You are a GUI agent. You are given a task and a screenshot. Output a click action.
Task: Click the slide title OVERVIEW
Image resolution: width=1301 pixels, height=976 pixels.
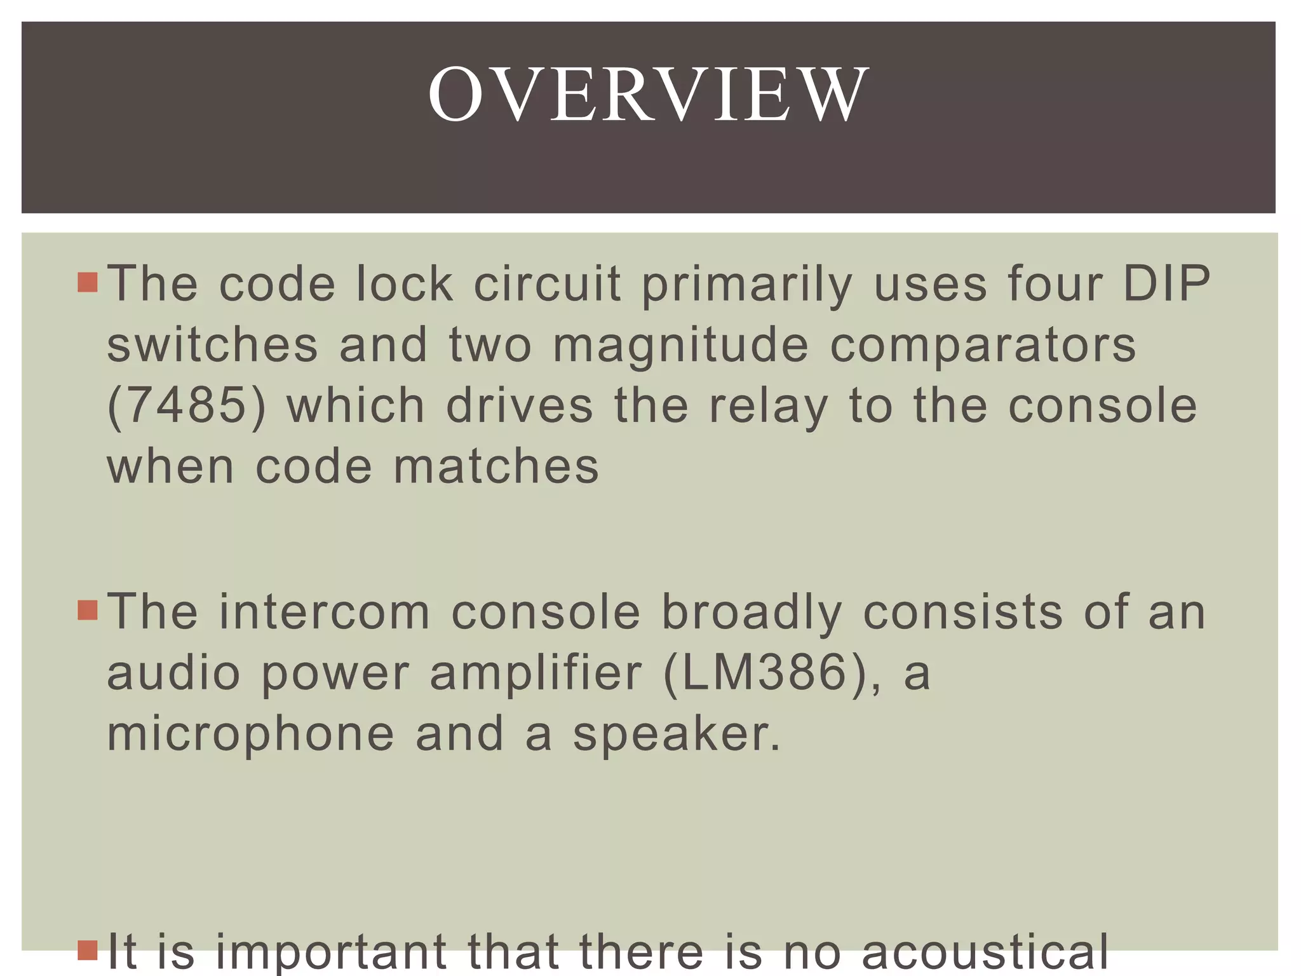coord(648,95)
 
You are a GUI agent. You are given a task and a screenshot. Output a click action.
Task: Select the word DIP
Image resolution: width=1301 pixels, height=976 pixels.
coord(1166,283)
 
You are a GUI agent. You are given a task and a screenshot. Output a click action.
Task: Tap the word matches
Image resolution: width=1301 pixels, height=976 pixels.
coord(495,467)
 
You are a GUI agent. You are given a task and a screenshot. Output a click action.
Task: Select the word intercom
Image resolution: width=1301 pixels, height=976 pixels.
coord(324,612)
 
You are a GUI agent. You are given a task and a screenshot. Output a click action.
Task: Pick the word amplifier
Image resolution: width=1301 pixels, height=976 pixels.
coord(536,675)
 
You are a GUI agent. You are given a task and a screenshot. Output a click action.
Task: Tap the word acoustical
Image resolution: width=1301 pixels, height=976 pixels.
coord(985,951)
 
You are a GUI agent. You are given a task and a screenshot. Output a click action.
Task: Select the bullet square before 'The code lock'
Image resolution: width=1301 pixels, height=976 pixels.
coord(88,282)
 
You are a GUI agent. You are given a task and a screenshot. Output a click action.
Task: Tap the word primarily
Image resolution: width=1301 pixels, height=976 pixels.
coord(746,285)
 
